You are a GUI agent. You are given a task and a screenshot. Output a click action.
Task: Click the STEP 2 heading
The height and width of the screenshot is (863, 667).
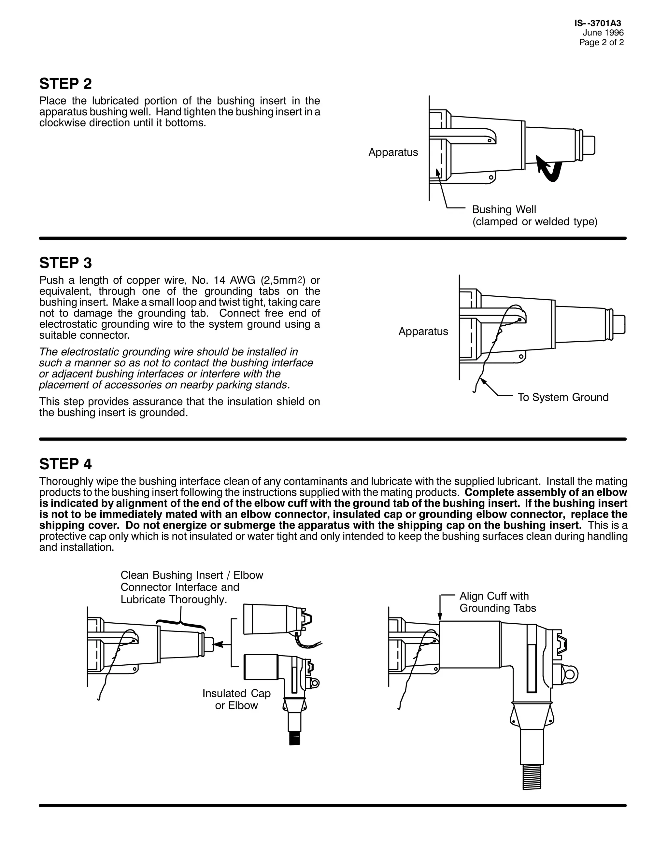coord(65,84)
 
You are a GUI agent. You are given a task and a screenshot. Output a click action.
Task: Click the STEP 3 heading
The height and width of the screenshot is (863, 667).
coord(65,263)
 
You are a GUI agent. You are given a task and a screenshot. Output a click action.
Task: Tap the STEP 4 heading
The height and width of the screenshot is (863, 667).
coord(65,464)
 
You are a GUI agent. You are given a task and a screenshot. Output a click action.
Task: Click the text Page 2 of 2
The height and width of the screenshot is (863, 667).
coord(602,43)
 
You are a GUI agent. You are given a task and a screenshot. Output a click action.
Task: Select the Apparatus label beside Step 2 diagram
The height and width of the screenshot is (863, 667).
coord(393,152)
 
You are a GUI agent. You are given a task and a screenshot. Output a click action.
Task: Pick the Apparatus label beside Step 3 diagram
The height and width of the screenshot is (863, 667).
coord(423,332)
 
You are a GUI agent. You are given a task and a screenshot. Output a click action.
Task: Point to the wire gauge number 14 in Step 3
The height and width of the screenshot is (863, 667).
coord(219,280)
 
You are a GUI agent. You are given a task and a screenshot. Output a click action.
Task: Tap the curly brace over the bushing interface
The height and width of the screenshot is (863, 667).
coord(181,623)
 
